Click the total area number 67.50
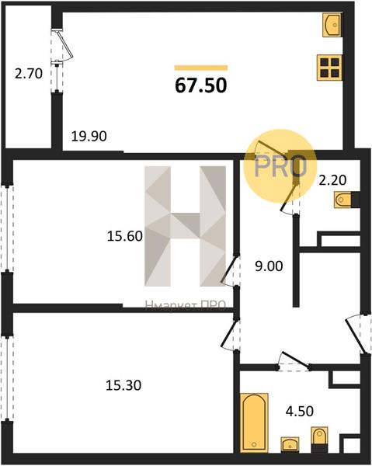(x=201, y=85)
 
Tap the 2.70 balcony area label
(x=29, y=74)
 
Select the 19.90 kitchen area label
(x=89, y=136)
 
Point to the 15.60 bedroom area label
(x=125, y=237)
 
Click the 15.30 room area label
(x=123, y=385)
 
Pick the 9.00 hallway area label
(x=269, y=266)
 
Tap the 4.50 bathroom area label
(x=300, y=412)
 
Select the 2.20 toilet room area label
(x=332, y=180)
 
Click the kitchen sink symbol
(x=332, y=25)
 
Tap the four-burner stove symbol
(x=329, y=68)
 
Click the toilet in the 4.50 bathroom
(x=319, y=436)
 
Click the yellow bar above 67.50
(x=201, y=68)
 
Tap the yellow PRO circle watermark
(x=280, y=166)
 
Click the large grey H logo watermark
(x=185, y=226)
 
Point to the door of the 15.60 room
(x=231, y=270)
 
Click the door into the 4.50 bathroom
(x=294, y=361)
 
